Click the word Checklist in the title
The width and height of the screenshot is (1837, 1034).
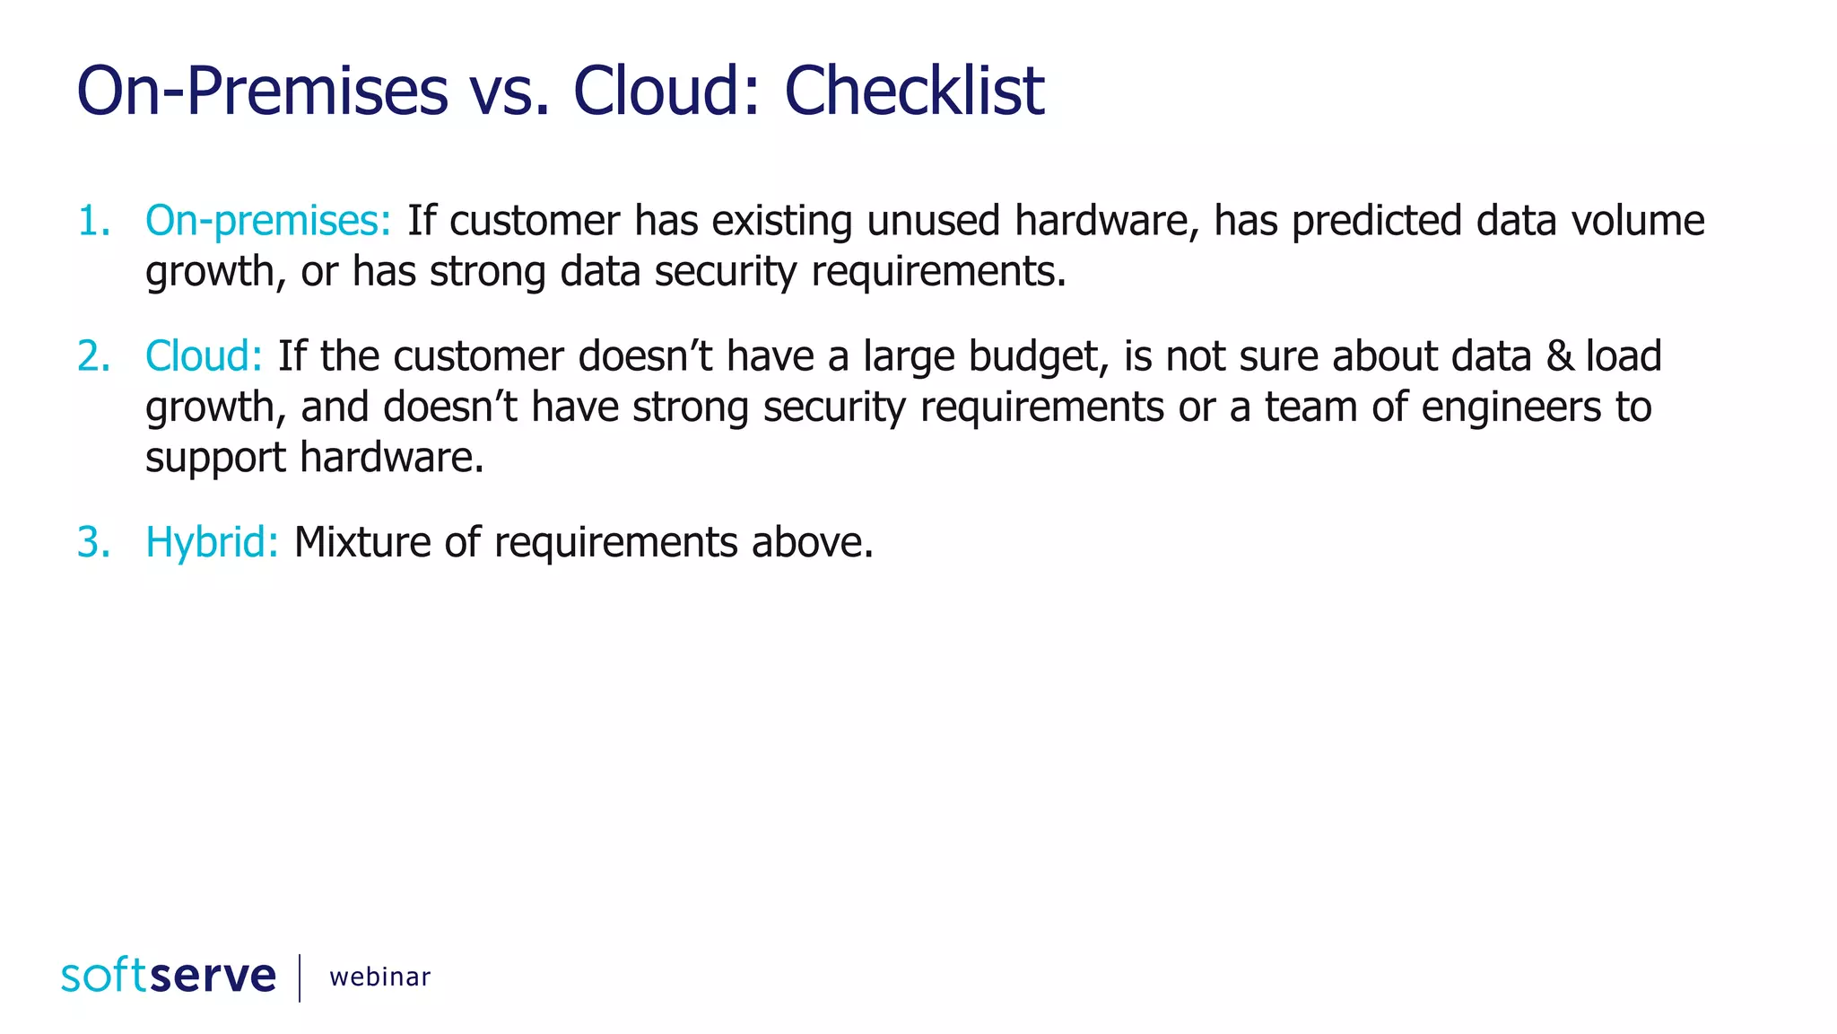914,91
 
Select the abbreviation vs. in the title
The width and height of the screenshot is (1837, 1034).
509,91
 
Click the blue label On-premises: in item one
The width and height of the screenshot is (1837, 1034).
268,221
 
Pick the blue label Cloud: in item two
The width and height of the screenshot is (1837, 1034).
204,356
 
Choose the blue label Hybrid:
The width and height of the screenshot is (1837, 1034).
212,542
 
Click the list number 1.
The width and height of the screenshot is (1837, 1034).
93,221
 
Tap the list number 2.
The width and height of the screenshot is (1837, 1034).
93,356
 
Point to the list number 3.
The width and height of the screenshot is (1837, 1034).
93,542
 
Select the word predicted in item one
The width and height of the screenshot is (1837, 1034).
1377,221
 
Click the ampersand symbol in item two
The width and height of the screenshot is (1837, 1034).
1560,356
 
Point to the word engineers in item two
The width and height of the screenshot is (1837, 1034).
1511,407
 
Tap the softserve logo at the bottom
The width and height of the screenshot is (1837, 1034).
169,976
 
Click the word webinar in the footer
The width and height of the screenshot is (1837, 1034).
379,977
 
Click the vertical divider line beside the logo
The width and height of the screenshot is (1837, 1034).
300,977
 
